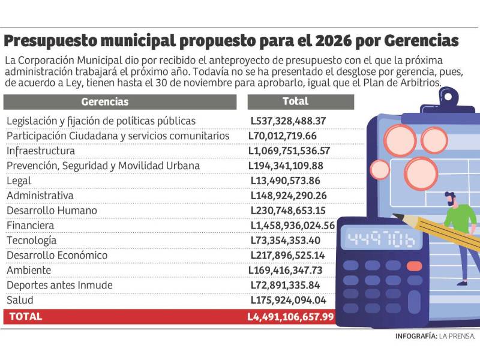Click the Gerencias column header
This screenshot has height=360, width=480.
pyautogui.click(x=104, y=102)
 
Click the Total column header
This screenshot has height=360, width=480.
pyautogui.click(x=295, y=101)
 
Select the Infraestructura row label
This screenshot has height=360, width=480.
pyautogui.click(x=41, y=151)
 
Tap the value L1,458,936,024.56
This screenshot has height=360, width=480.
pyautogui.click(x=292, y=226)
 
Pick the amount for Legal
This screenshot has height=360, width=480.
pyautogui.click(x=285, y=181)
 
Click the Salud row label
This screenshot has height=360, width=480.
pyautogui.click(x=20, y=300)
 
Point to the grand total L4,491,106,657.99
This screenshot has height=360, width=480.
pyautogui.click(x=290, y=316)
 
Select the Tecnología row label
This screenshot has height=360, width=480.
pyautogui.click(x=31, y=241)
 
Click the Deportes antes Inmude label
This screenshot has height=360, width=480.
pyautogui.click(x=55, y=285)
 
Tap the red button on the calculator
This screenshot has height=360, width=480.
pyautogui.click(x=414, y=266)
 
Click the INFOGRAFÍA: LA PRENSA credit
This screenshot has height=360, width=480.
pyautogui.click(x=435, y=337)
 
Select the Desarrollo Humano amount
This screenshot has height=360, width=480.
pyautogui.click(x=288, y=211)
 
